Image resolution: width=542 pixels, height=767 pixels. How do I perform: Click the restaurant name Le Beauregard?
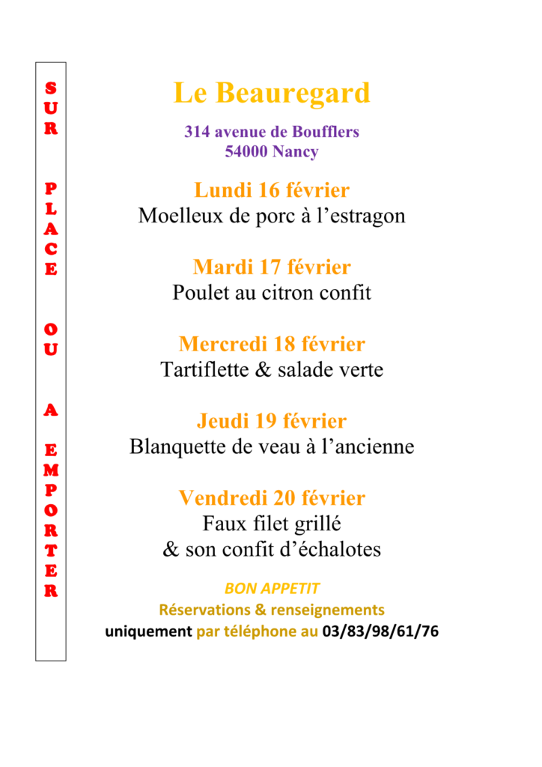click(x=272, y=94)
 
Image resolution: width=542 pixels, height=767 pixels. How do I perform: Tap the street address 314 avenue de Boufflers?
click(x=272, y=132)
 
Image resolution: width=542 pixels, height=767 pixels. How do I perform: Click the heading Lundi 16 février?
click(x=272, y=190)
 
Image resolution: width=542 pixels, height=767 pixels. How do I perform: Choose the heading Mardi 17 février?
click(x=272, y=267)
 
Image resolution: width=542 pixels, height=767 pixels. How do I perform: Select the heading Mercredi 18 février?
click(x=272, y=345)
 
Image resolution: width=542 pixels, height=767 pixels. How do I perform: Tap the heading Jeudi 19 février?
click(x=272, y=421)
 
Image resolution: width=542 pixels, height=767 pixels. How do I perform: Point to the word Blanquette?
click(x=175, y=447)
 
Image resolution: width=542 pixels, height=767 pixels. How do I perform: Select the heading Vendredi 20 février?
click(x=272, y=497)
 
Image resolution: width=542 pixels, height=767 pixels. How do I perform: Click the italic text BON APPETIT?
click(x=272, y=589)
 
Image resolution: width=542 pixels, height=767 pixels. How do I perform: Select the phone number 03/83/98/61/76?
click(x=380, y=631)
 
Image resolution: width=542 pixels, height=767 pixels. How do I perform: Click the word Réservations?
click(x=205, y=610)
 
